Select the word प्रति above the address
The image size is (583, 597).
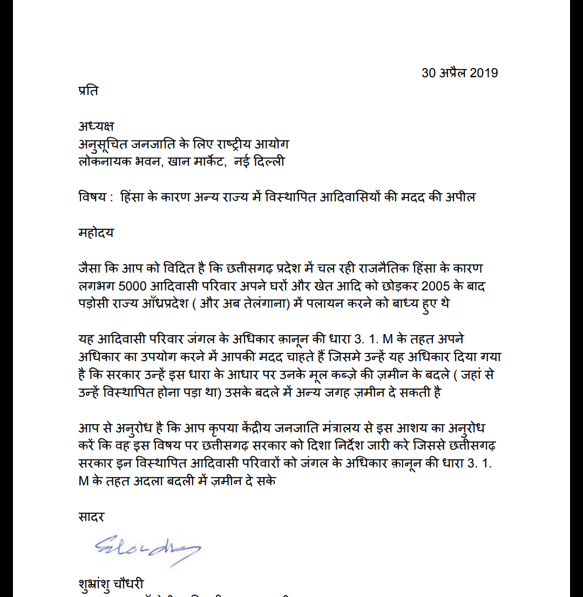tap(89, 91)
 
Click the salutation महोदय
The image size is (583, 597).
tap(96, 233)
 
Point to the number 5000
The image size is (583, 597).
tap(133, 286)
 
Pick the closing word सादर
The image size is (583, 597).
tap(91, 517)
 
